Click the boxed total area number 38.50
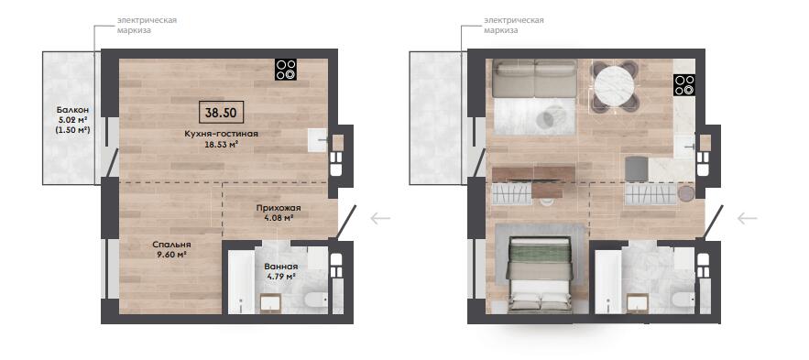[221, 112]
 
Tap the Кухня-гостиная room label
[222, 134]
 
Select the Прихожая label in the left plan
[279, 208]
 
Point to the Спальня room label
[171, 245]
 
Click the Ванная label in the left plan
[280, 267]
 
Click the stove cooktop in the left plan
[286, 70]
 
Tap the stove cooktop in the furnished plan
[684, 85]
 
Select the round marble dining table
[614, 86]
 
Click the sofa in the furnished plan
[534, 79]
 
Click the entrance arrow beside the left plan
[380, 219]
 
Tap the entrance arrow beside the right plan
[747, 219]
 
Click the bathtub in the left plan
[241, 281]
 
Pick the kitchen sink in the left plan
[318, 140]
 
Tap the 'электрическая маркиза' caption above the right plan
[514, 26]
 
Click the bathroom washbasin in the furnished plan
[637, 303]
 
